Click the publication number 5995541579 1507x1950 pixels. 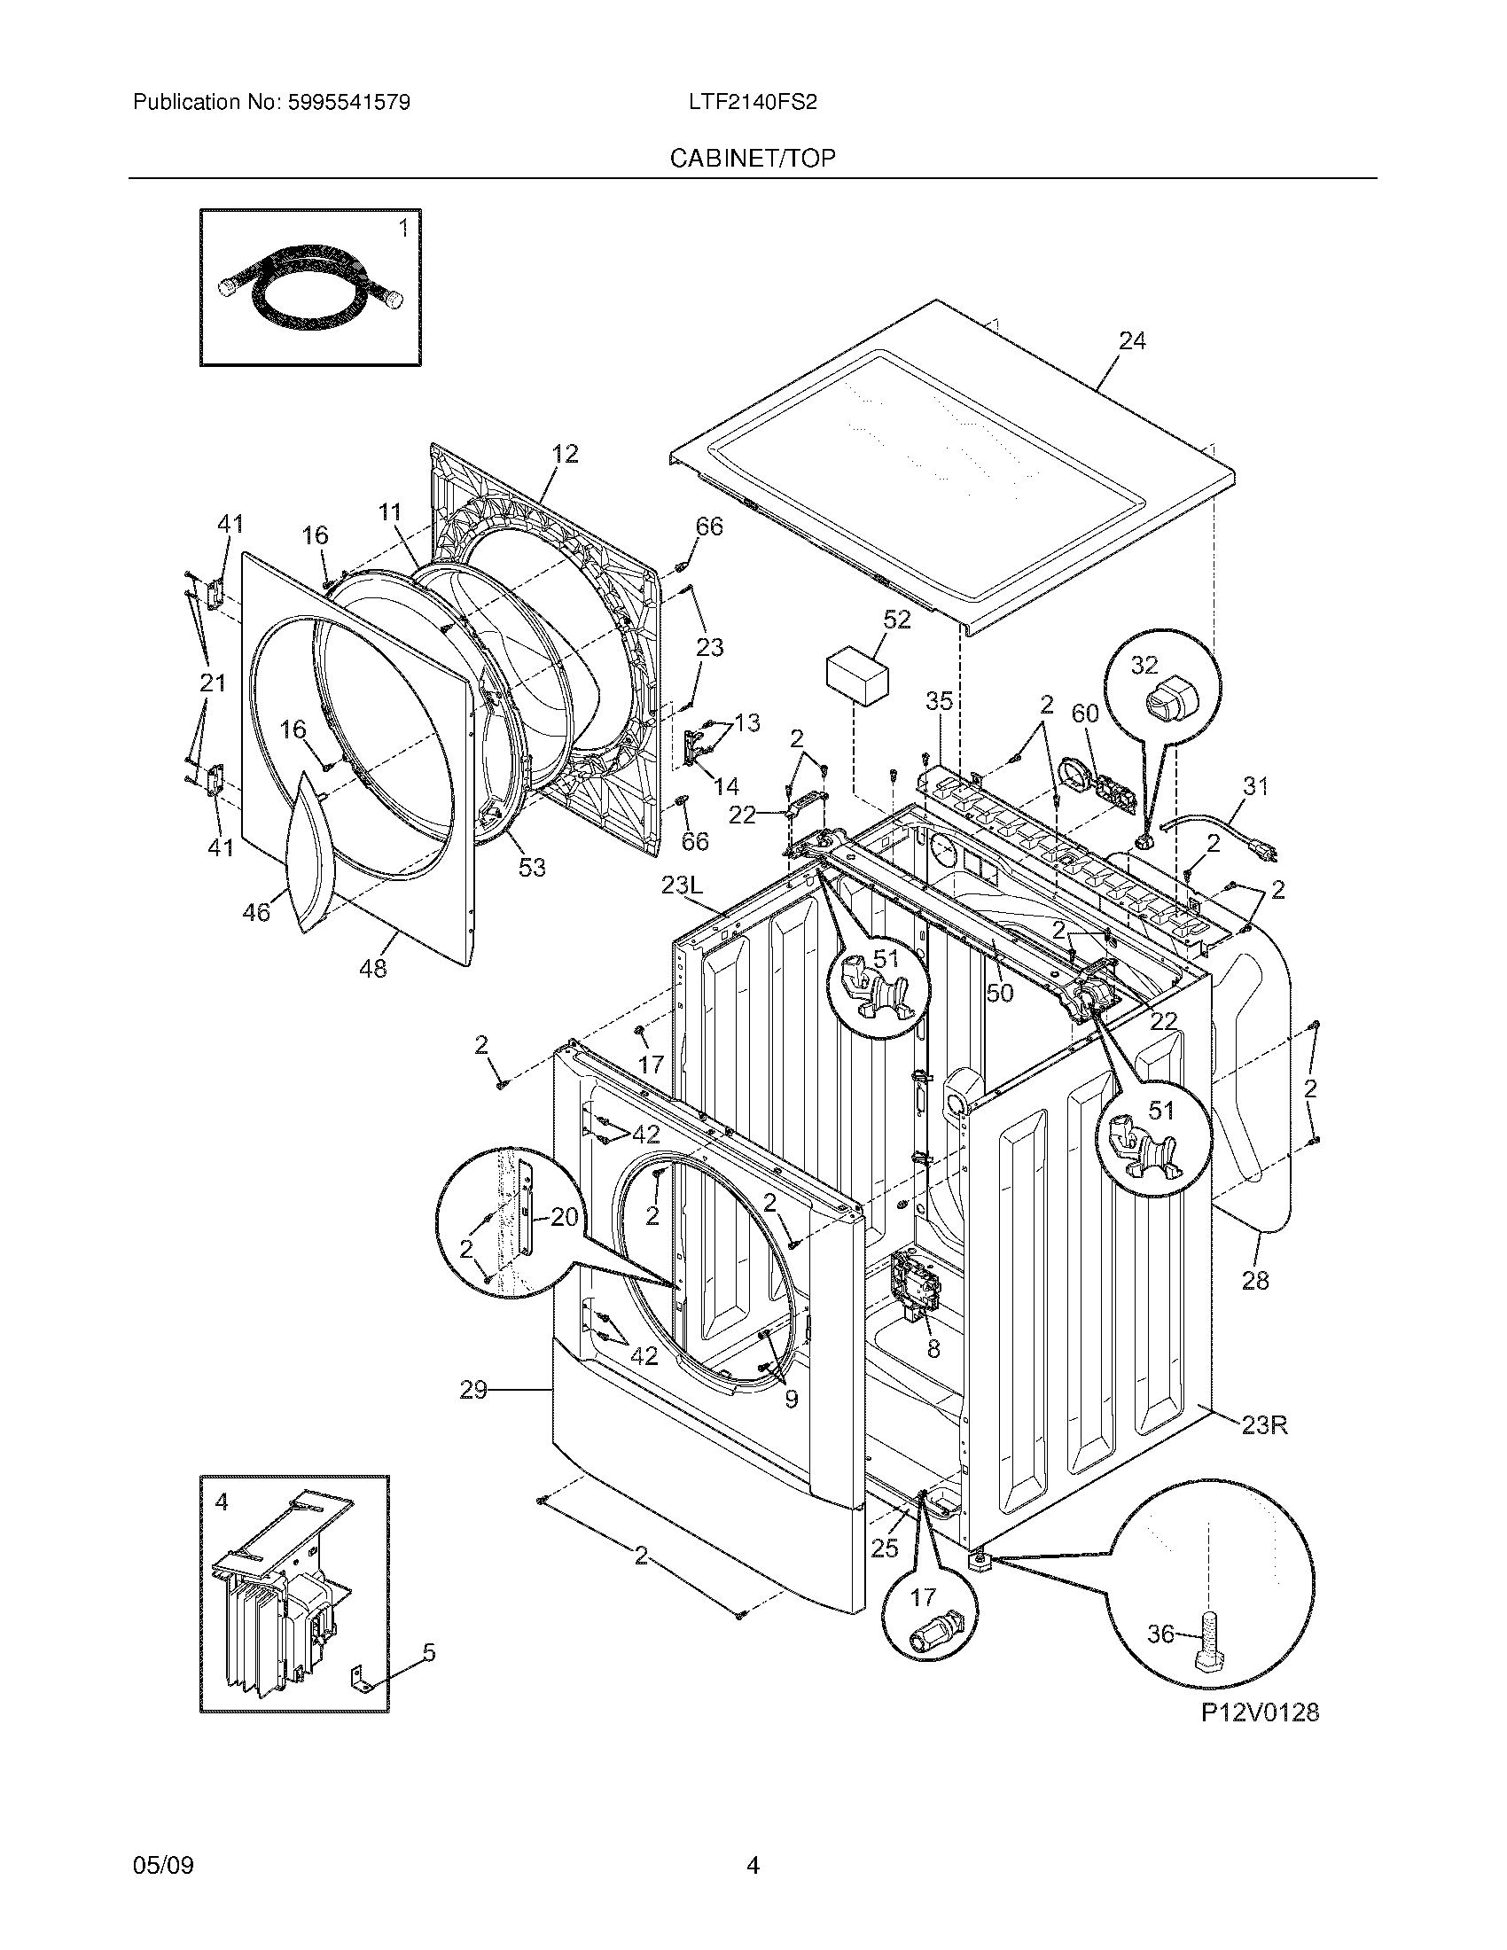[x=349, y=102]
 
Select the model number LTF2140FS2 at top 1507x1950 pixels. [x=753, y=102]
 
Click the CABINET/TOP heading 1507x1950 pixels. [x=753, y=158]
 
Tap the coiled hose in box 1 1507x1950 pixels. [x=308, y=287]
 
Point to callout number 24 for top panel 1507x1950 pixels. [x=1131, y=341]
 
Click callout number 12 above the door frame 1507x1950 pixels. [x=564, y=454]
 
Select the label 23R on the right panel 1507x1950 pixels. [x=1264, y=1425]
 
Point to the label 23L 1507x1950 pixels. [x=683, y=885]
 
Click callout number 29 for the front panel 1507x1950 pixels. [x=473, y=1389]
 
